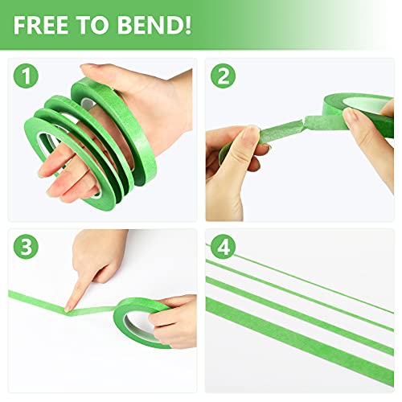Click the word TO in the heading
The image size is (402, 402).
coord(90,23)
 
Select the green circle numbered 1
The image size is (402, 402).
coord(28,78)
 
